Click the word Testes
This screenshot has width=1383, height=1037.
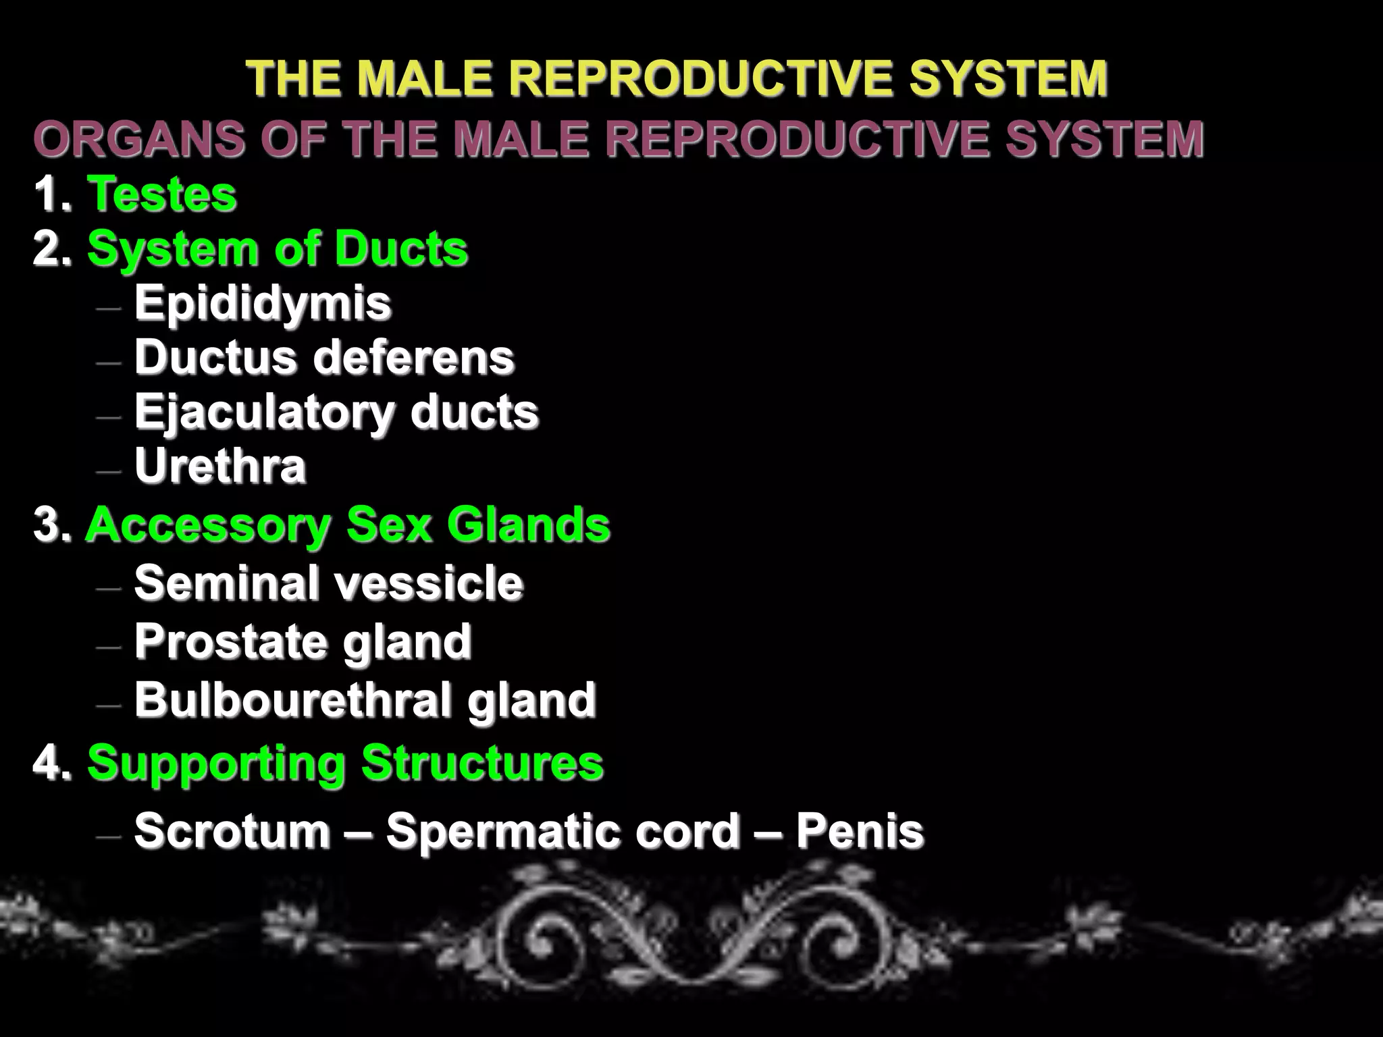(x=161, y=194)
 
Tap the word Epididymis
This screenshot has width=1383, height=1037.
(x=263, y=302)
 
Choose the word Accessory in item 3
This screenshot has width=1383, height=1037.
(x=207, y=525)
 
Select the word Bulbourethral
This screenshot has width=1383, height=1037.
(x=290, y=699)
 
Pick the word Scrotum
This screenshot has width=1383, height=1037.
(x=232, y=830)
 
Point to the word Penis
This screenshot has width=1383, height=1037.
(x=859, y=830)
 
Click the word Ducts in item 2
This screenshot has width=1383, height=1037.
(x=400, y=248)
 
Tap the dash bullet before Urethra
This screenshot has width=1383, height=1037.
(x=109, y=470)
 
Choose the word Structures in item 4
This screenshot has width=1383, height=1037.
(x=481, y=764)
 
